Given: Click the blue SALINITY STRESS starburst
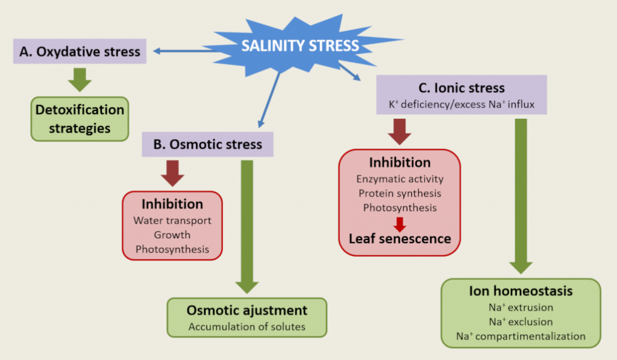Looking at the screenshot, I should pyautogui.click(x=299, y=46).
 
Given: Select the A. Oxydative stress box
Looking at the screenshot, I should pyautogui.click(x=80, y=52).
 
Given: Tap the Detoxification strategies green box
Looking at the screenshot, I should pyautogui.click(x=80, y=119).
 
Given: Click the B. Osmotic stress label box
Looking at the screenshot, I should pyautogui.click(x=207, y=145).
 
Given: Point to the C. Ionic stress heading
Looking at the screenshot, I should pyautogui.click(x=462, y=89).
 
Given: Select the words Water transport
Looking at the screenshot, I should pyautogui.click(x=172, y=220).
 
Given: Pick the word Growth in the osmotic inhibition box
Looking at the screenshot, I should pyautogui.click(x=172, y=235).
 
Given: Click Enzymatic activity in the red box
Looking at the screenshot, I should pyautogui.click(x=399, y=179).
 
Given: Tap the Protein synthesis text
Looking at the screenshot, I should pyautogui.click(x=399, y=193).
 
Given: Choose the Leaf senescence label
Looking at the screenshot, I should pyautogui.click(x=399, y=238).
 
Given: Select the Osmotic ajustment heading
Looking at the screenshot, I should pyautogui.click(x=247, y=311).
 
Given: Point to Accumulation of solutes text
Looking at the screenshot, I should pyautogui.click(x=247, y=327).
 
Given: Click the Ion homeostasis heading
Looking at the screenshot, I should pyautogui.click(x=521, y=292).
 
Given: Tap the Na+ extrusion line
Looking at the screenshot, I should pyautogui.click(x=521, y=308).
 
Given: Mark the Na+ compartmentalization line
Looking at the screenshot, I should pyautogui.click(x=521, y=336).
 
